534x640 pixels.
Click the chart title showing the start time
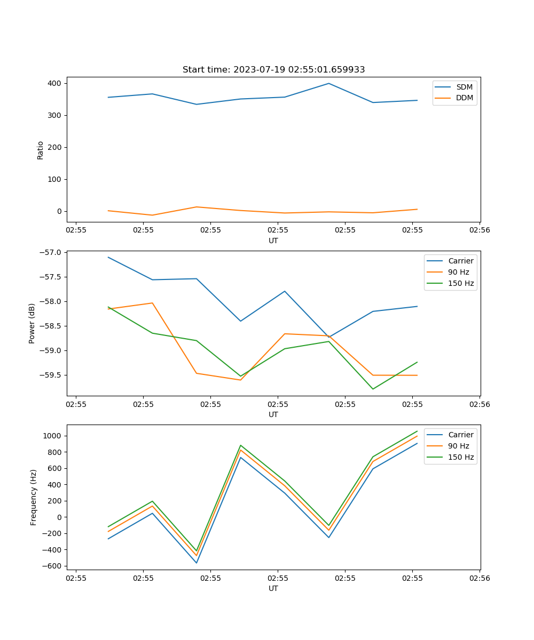273,70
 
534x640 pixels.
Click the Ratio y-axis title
41,150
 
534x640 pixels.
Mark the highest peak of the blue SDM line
328,83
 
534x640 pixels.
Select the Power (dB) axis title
33,323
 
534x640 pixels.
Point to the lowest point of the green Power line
373,389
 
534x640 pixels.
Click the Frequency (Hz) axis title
34,497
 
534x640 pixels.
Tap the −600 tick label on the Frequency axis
52,566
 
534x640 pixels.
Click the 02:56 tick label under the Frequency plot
479,577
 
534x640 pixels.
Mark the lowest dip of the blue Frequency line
197,563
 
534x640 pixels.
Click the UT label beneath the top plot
273,241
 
